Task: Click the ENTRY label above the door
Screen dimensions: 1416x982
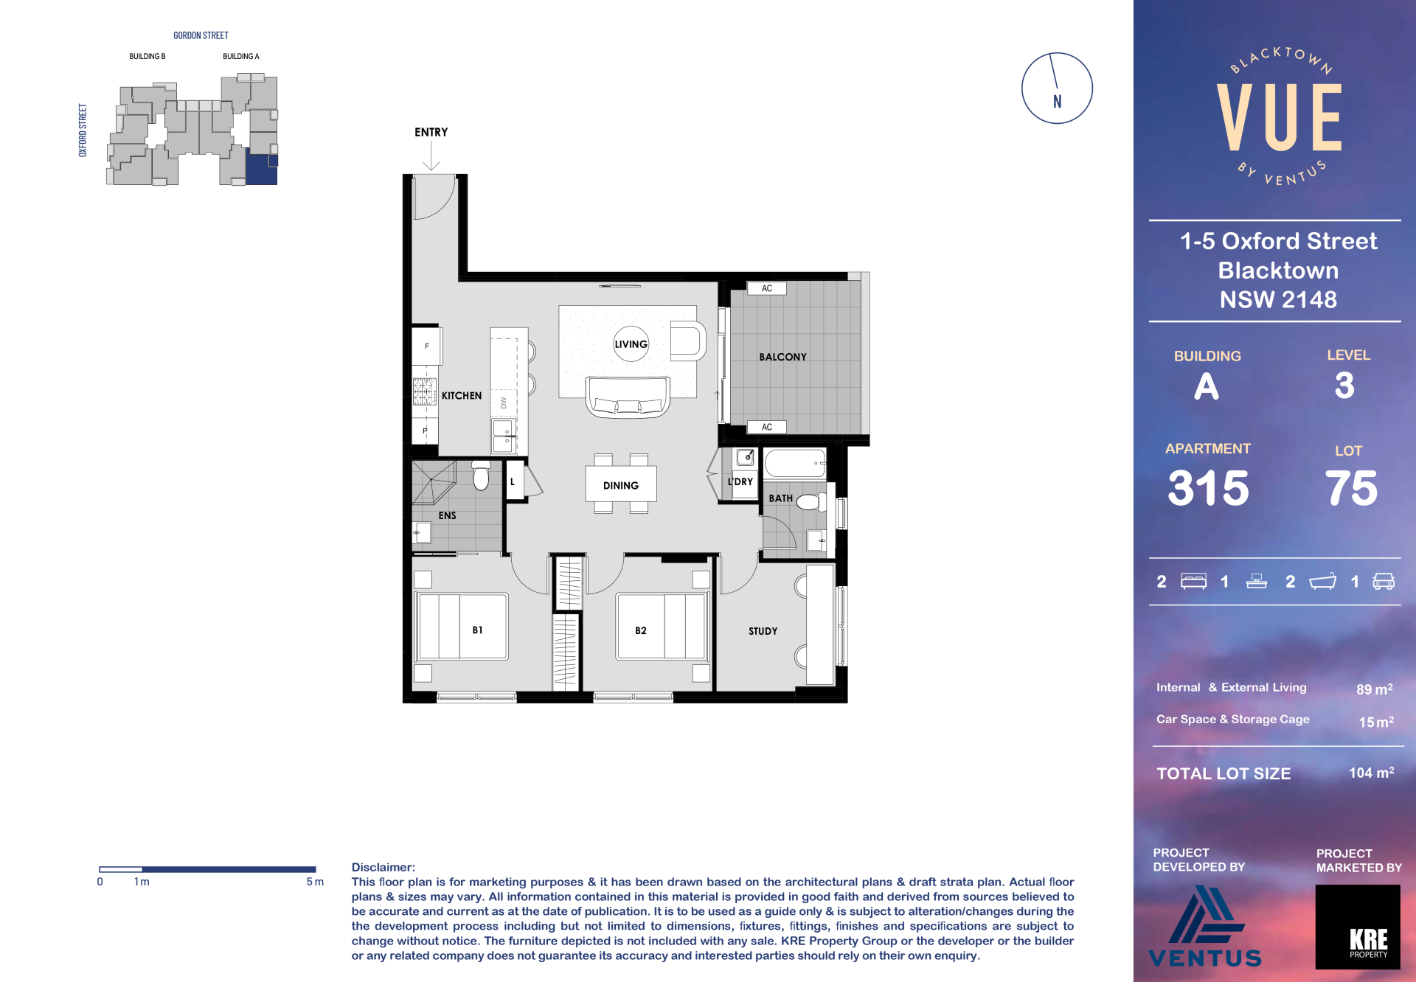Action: coord(431,133)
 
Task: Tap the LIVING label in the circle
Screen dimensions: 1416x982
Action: coord(631,344)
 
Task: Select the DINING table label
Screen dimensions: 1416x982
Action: coord(621,486)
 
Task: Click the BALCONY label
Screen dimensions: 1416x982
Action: coord(783,357)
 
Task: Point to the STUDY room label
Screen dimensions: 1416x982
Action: coord(763,631)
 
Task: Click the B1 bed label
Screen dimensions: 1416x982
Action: coord(478,630)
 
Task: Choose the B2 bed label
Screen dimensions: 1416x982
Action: coord(641,631)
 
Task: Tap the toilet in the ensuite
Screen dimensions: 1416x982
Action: coord(481,476)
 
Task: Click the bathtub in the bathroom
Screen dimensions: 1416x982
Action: coord(795,464)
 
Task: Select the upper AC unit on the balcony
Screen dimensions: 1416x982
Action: coord(767,288)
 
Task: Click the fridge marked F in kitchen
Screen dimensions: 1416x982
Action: coord(427,346)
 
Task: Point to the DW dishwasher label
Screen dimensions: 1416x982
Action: coord(504,403)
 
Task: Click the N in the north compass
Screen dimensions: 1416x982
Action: coord(1058,102)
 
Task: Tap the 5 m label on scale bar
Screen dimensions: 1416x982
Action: coord(315,882)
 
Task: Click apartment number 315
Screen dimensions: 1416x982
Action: coord(1209,488)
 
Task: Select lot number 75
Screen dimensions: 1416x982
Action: coord(1351,488)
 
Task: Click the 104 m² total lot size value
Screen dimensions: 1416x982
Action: coord(1372,773)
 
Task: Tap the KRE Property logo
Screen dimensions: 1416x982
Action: coord(1358,927)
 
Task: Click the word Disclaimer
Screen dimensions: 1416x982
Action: coord(383,867)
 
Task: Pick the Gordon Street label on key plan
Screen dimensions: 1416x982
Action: coord(201,35)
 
